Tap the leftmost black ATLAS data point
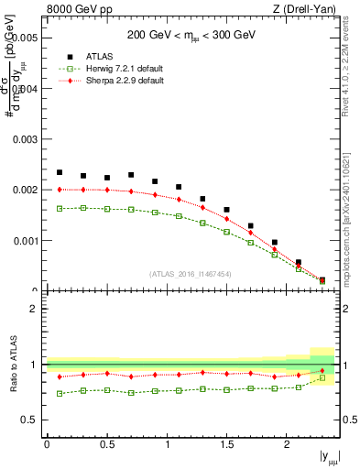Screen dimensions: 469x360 (x=60, y=172)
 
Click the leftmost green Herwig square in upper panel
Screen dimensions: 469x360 (x=60, y=208)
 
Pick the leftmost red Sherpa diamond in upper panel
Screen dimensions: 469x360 (x=60, y=190)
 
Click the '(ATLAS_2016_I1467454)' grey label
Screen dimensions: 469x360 (x=190, y=273)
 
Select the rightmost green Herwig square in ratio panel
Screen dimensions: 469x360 (x=322, y=377)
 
